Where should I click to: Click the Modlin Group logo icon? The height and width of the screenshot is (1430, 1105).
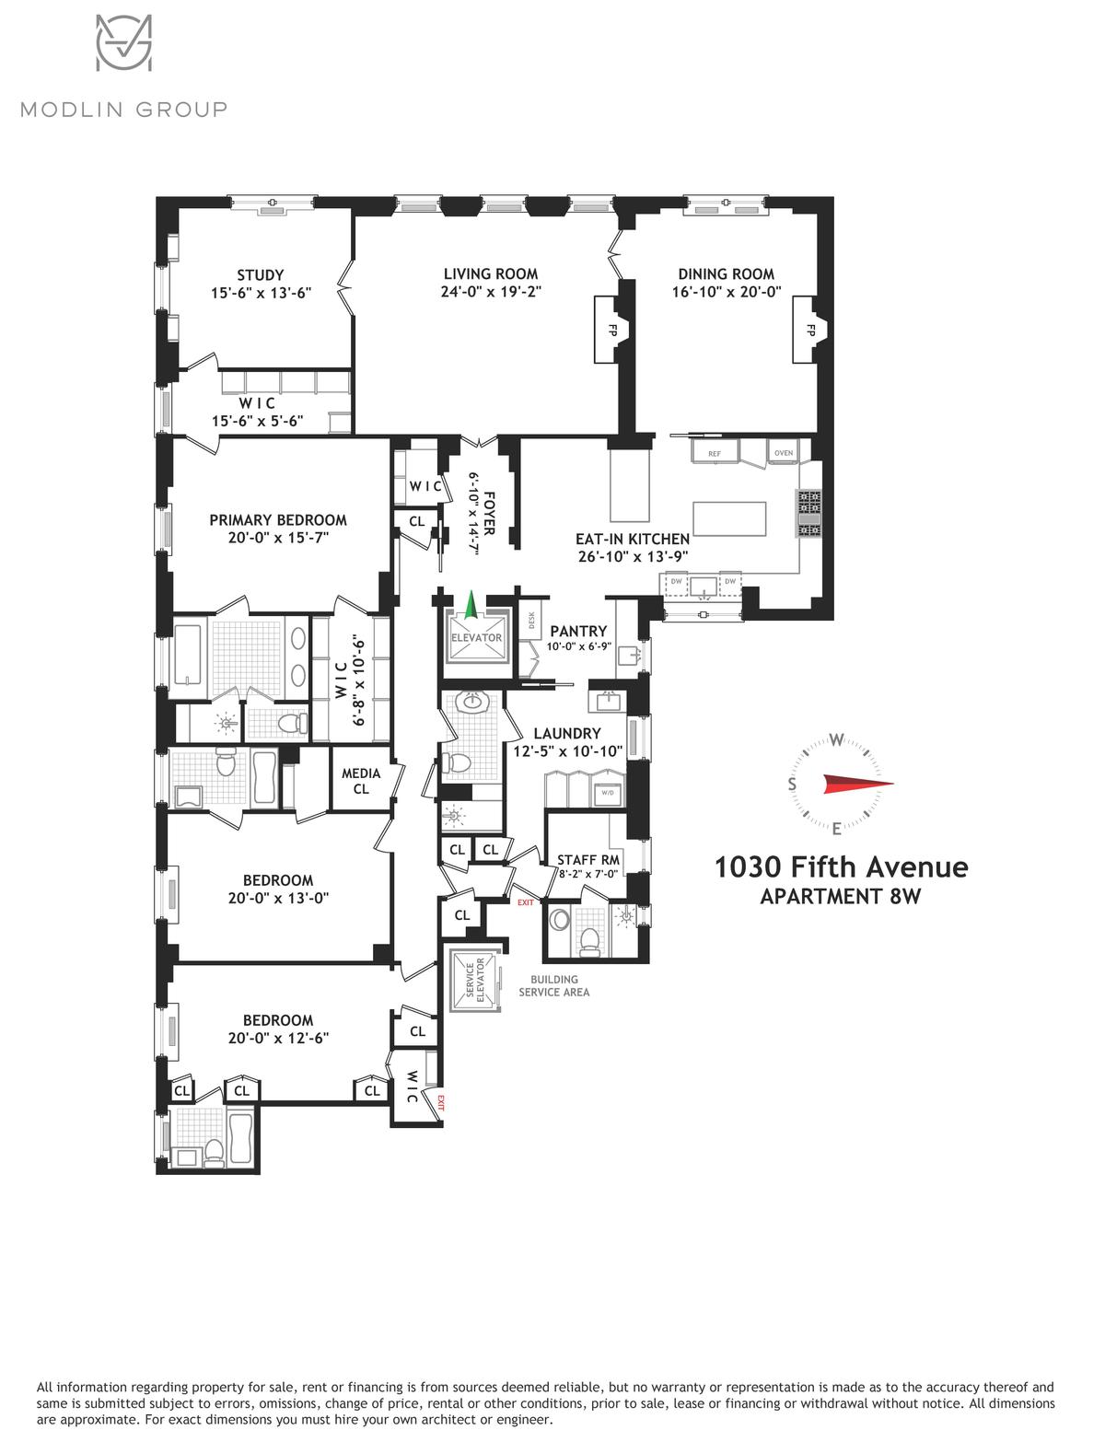click(x=124, y=42)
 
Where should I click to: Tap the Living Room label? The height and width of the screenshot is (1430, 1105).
click(x=490, y=273)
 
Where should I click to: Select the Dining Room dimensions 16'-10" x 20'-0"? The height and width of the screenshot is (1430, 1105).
click(x=726, y=292)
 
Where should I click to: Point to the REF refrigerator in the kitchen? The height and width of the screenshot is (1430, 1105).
click(x=714, y=453)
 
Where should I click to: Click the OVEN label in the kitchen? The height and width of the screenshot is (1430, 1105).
click(x=784, y=453)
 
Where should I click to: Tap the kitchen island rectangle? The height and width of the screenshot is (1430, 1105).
click(x=729, y=519)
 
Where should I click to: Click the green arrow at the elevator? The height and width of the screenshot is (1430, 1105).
click(x=470, y=606)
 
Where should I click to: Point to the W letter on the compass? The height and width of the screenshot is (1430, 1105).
click(x=836, y=739)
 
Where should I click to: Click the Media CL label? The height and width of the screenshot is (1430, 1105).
click(x=361, y=781)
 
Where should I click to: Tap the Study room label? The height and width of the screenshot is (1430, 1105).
click(x=261, y=275)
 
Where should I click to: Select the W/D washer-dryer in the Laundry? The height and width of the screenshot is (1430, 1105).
click(x=607, y=793)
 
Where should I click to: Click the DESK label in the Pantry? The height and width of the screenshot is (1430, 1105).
click(x=531, y=620)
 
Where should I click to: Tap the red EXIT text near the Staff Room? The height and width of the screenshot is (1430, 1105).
click(x=525, y=902)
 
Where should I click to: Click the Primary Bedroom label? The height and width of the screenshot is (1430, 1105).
click(x=278, y=520)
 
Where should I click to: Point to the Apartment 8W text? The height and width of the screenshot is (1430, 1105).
click(x=841, y=896)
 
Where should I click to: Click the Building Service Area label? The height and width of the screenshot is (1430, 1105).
click(x=554, y=986)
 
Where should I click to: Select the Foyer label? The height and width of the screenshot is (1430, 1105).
click(x=490, y=513)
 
